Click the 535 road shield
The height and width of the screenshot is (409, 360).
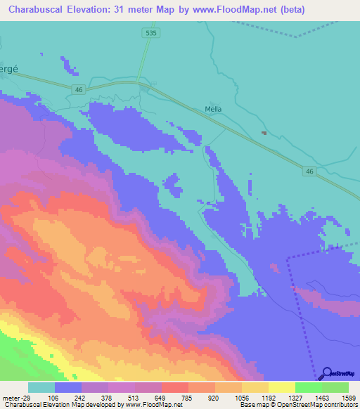coord(148,33)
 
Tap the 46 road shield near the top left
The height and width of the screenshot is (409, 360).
coord(79,88)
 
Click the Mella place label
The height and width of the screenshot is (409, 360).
coord(213,109)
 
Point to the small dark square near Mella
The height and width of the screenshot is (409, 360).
coord(264,132)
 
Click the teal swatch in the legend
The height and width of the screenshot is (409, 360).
coord(41,387)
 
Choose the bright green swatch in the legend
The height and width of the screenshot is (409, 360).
coord(309,387)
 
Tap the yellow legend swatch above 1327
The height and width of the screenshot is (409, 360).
coord(282,387)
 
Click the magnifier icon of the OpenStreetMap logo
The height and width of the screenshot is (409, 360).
coord(326,374)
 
